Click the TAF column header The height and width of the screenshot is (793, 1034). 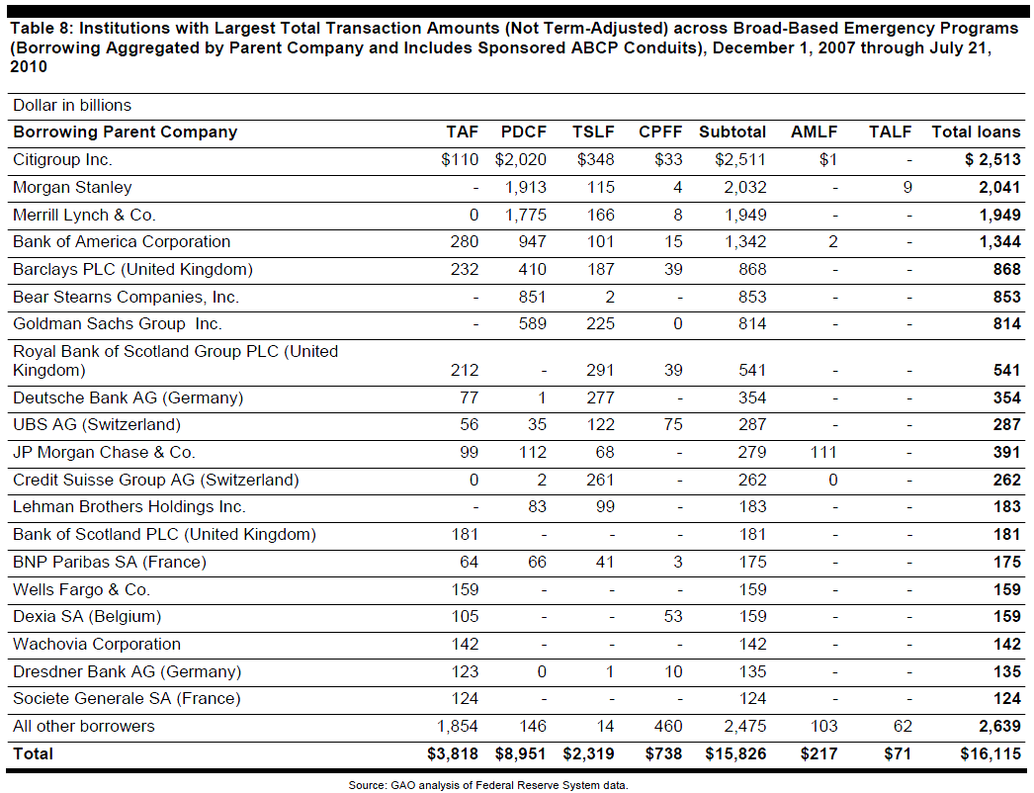tap(462, 132)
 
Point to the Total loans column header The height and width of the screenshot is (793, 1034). tap(976, 132)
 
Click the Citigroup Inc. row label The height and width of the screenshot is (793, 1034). tap(63, 160)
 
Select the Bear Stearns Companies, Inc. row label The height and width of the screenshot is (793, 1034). tap(126, 297)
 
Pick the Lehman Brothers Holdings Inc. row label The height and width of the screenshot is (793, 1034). tap(129, 507)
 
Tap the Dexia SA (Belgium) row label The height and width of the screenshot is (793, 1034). tap(87, 617)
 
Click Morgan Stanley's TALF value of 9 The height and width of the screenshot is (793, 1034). tap(906, 188)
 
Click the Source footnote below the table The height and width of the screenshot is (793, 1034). tap(488, 785)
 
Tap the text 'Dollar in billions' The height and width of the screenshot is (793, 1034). tap(72, 106)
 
